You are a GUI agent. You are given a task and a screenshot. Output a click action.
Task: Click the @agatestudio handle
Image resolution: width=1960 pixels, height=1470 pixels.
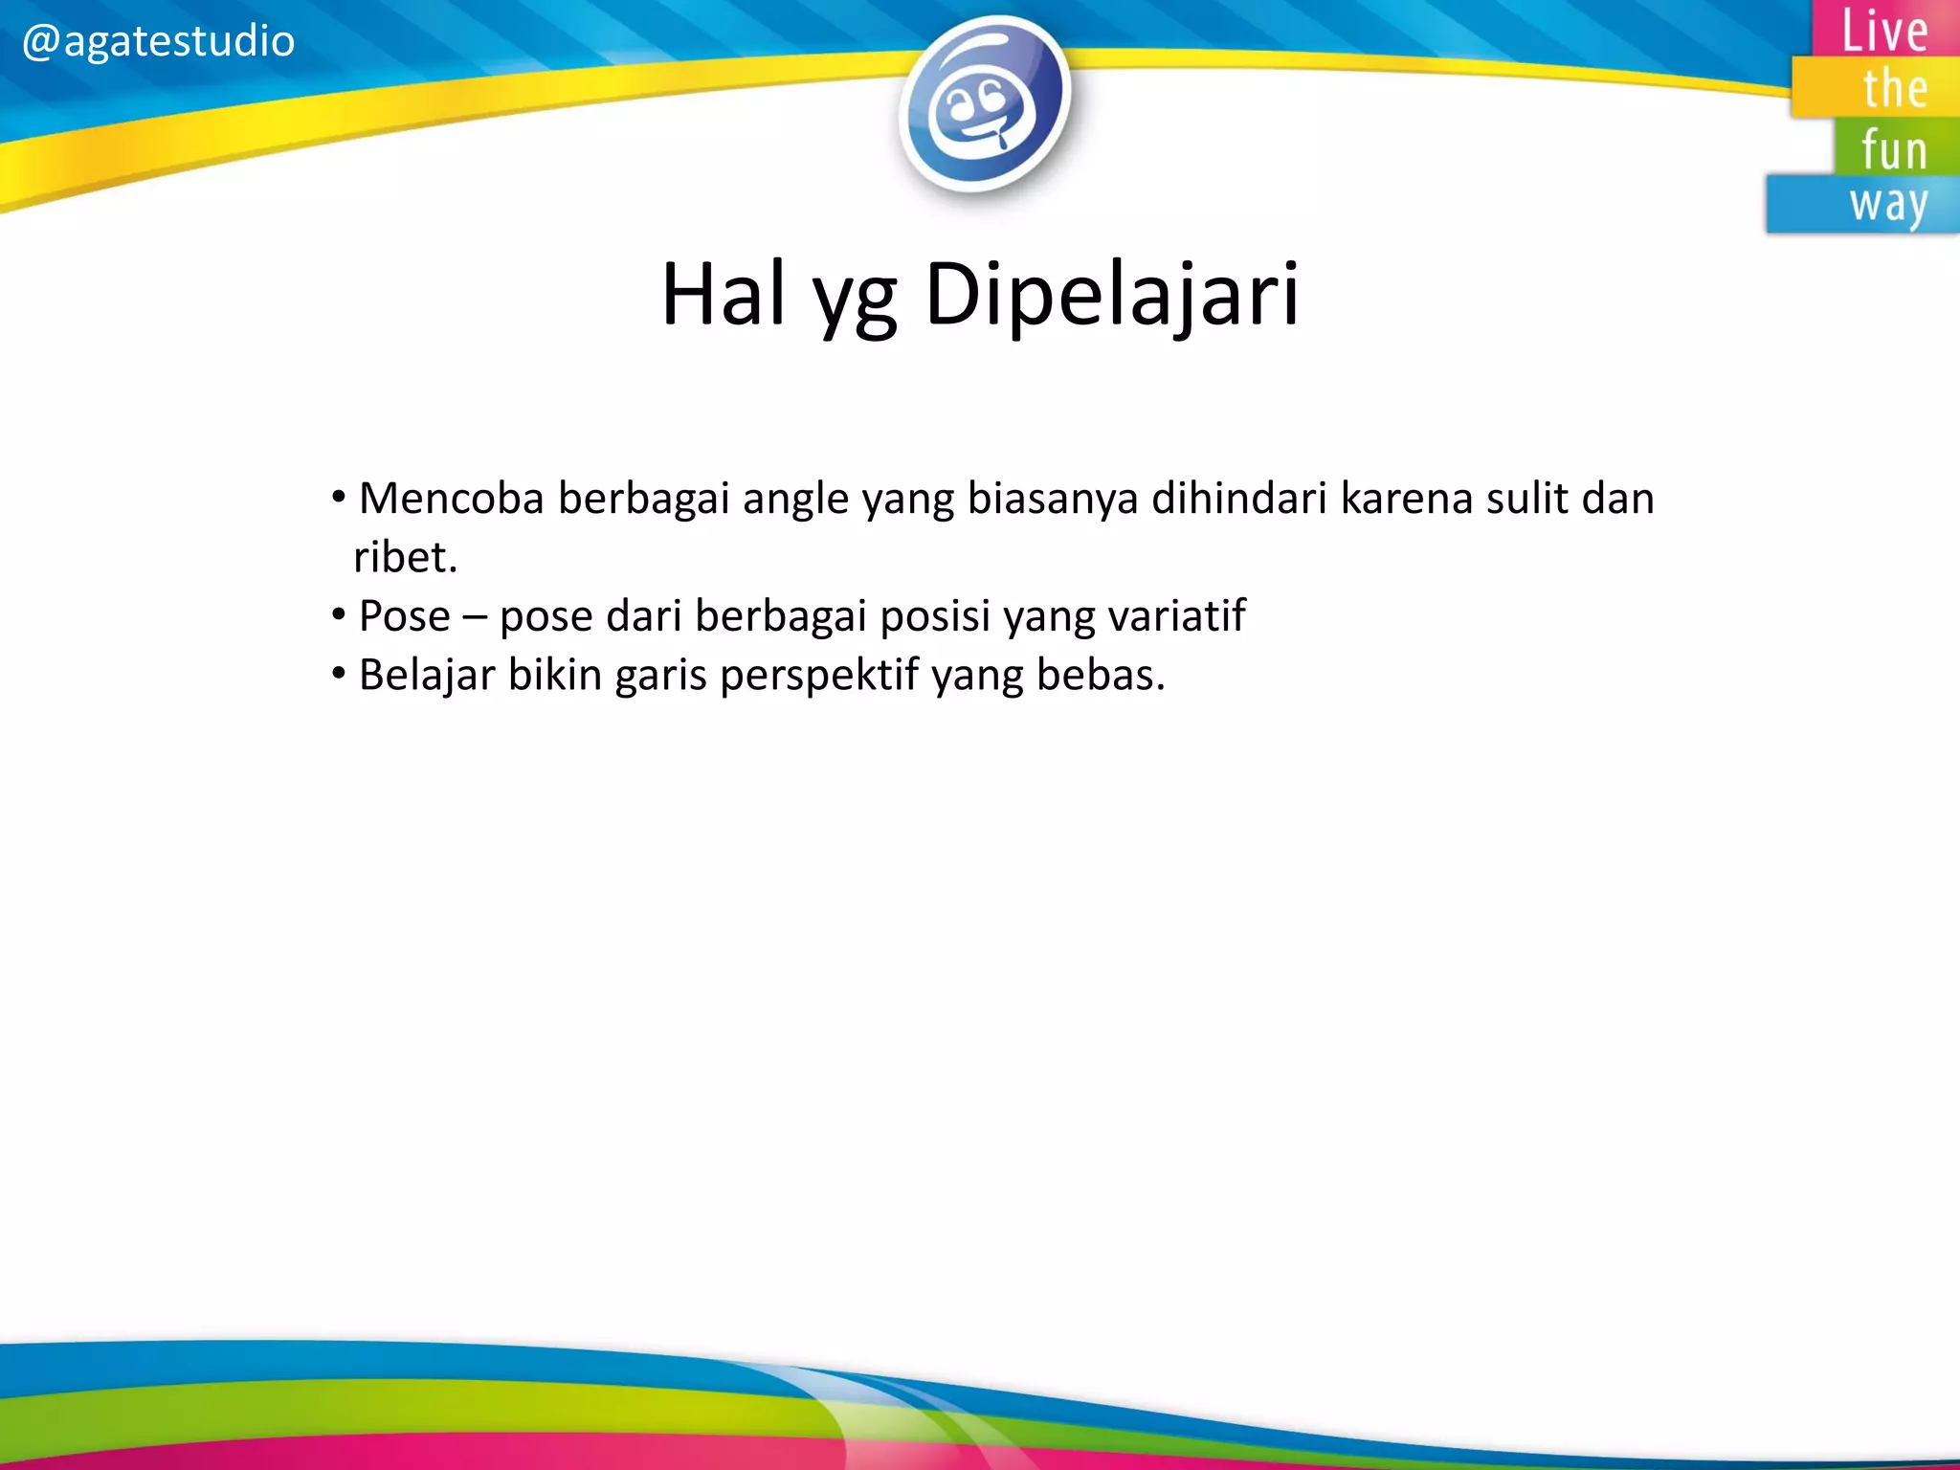(158, 42)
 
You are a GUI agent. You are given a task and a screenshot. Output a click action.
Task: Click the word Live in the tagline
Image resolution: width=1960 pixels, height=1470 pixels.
(1884, 31)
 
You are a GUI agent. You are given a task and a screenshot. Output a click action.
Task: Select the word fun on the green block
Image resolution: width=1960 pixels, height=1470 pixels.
(1893, 150)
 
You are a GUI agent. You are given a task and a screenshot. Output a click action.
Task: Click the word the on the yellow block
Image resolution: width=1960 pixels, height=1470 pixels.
(1894, 89)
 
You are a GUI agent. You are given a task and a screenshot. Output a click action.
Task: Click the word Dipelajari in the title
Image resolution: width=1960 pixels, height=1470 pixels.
(1112, 295)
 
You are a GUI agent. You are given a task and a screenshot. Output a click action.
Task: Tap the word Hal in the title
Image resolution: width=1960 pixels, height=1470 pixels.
(725, 295)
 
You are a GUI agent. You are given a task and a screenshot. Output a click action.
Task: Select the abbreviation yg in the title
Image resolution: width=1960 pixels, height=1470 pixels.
(855, 299)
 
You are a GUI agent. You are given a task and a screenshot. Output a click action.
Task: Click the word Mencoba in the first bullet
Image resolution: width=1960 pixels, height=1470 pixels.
(451, 499)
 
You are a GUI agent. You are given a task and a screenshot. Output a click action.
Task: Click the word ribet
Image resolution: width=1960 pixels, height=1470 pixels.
(405, 558)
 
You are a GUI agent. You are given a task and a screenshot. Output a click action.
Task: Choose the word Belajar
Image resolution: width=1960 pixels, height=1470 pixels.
(427, 676)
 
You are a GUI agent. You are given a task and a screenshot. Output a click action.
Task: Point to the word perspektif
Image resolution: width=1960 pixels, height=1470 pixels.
(819, 676)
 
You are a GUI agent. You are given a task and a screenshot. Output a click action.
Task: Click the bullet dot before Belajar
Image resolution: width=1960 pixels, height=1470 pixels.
(338, 674)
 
